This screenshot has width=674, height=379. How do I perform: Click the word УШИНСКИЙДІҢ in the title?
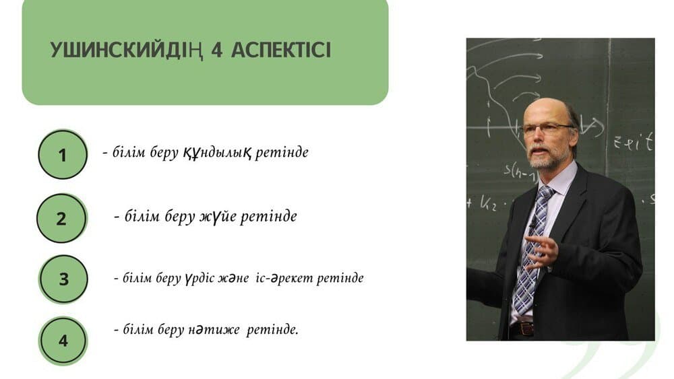pos(127,50)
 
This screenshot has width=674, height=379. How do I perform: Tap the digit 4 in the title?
pos(217,50)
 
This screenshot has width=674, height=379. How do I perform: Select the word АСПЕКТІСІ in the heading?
pos(281,50)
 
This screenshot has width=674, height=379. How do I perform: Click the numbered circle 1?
pos(63,155)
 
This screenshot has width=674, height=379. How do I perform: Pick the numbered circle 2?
pos(62,219)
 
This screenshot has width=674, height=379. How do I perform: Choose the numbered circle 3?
pos(63,279)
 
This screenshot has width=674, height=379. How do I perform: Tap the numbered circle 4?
pos(63,341)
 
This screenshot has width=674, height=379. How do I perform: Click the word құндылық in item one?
pos(217,153)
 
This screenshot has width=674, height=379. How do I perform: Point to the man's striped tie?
pos(530,250)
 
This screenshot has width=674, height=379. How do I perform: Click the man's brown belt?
pos(522,329)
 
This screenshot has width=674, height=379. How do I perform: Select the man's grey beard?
pos(543,158)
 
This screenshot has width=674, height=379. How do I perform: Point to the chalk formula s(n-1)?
pos(519,172)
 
